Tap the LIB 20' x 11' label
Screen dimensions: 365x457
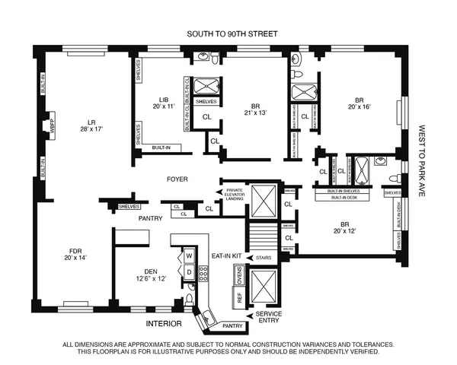[x=163, y=103]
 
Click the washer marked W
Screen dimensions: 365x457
[x=189, y=256]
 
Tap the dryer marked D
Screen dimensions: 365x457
[x=189, y=272]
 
